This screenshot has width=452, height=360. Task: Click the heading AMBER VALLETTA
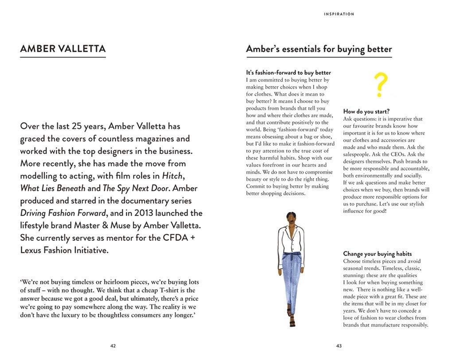pos(62,49)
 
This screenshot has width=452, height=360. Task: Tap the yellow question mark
pos(380,85)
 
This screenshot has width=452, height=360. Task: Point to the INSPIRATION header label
pos(339,14)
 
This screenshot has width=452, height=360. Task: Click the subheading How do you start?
pos(366,112)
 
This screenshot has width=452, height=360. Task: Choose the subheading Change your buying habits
pos(377,254)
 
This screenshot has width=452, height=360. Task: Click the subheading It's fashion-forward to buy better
pos(288,73)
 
